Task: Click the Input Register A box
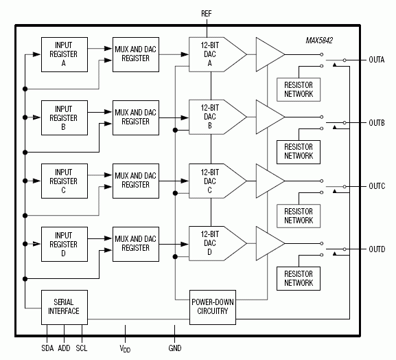tap(64, 54)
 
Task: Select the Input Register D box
tap(64, 243)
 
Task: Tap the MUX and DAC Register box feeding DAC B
tap(137, 117)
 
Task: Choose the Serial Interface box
tap(64, 306)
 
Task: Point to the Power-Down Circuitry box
tap(213, 306)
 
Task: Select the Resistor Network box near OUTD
tap(299, 278)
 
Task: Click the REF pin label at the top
tap(207, 14)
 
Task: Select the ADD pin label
tap(64, 348)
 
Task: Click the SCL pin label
tap(82, 348)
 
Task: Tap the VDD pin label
tap(125, 349)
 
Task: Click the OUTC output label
tap(376, 186)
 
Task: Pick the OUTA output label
tap(376, 60)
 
